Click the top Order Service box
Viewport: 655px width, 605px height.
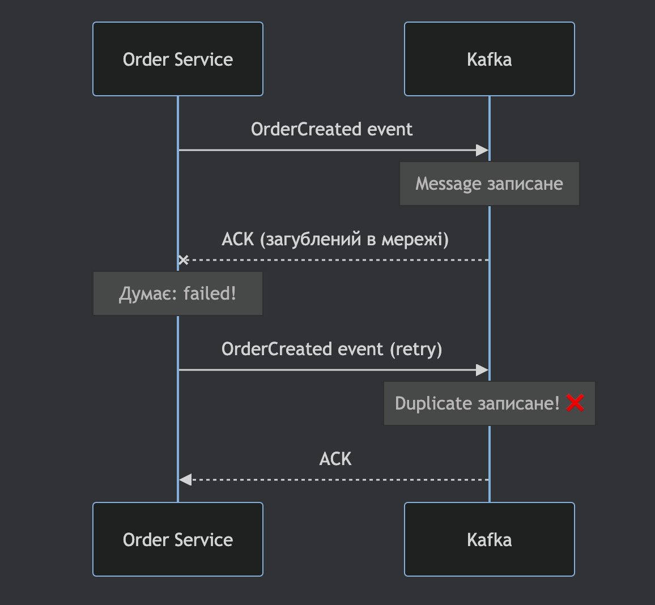[x=178, y=59]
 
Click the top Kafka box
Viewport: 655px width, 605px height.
[x=489, y=59]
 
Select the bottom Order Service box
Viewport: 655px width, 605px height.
[x=178, y=539]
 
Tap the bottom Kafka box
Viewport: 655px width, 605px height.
[x=489, y=539]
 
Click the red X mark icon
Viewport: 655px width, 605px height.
[x=575, y=403]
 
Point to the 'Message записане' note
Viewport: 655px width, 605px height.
[x=489, y=184]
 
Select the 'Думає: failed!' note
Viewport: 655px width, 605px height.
[x=178, y=293]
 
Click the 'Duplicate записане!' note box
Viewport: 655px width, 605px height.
[x=489, y=403]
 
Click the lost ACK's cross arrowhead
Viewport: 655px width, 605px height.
[x=183, y=260]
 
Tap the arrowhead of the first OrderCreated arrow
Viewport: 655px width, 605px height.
[x=482, y=150]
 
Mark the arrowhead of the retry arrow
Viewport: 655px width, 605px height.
[x=482, y=370]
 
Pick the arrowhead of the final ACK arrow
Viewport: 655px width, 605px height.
[x=185, y=480]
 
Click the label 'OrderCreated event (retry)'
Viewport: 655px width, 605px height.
[x=331, y=349]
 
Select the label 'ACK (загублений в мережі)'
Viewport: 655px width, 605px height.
[x=335, y=239]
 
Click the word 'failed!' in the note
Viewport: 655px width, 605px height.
[x=210, y=293]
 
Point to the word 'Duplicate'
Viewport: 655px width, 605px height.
[x=433, y=403]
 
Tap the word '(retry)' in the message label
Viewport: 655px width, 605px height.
[x=415, y=349]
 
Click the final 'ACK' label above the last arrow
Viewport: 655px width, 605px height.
[x=335, y=459]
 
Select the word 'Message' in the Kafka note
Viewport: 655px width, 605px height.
[x=448, y=184]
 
